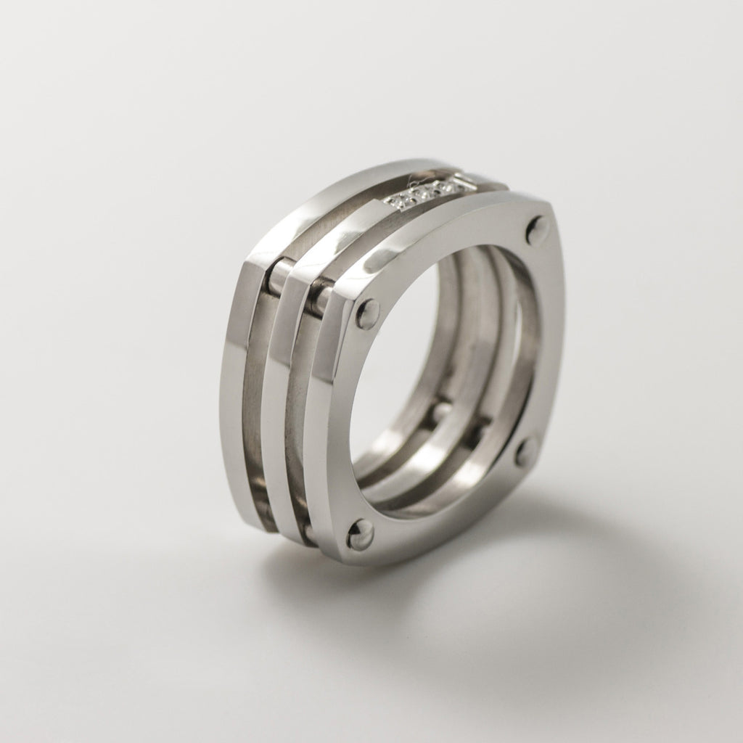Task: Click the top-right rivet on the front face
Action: [x=538, y=230]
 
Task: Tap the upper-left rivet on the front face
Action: [x=368, y=313]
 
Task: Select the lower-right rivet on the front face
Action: [x=526, y=451]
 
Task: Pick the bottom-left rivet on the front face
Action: [x=359, y=534]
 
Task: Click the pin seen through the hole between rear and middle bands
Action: [x=441, y=411]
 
